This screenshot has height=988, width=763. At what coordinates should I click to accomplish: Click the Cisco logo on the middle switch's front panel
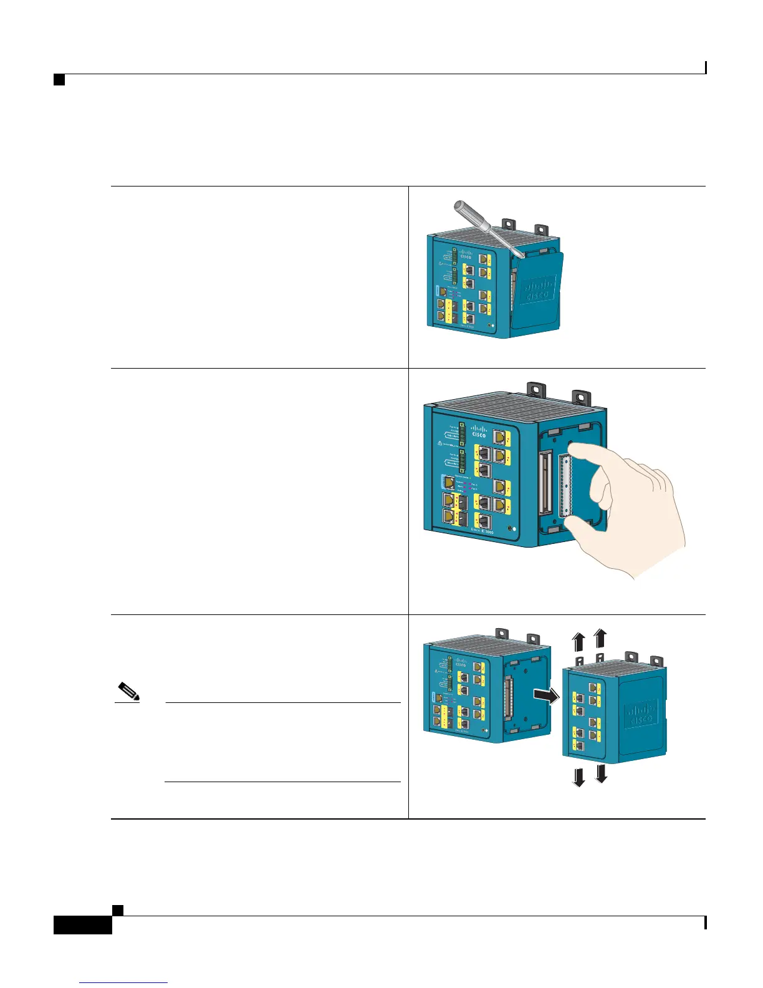pos(478,431)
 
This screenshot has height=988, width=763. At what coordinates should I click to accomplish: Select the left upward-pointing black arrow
pos(579,641)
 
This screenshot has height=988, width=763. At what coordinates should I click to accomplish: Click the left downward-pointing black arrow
pos(579,777)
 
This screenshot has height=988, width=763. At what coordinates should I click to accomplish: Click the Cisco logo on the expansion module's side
pos(641,713)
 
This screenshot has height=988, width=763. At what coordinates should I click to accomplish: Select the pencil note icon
pos(129,692)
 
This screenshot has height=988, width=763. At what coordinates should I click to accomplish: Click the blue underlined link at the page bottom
pos(123,983)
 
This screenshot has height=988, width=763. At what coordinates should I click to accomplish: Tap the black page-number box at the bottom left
pos(82,924)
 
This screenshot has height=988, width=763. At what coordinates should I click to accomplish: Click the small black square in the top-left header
pos(59,80)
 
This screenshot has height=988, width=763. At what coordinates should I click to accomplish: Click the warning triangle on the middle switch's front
pos(441,444)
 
